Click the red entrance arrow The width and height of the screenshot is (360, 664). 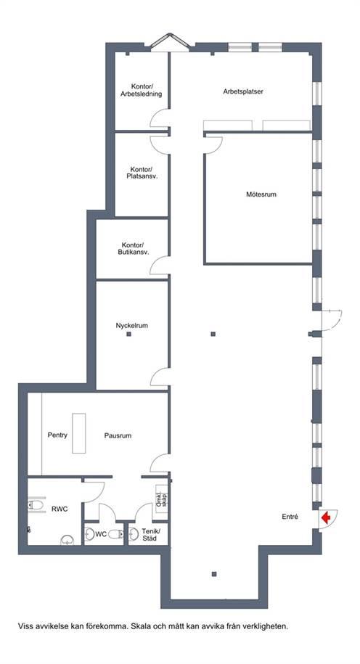pyautogui.click(x=326, y=518)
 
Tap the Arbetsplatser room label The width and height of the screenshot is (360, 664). pyautogui.click(x=244, y=91)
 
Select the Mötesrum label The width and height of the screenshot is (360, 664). pyautogui.click(x=261, y=194)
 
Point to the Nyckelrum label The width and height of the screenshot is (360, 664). pyautogui.click(x=131, y=326)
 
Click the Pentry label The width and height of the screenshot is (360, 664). pyautogui.click(x=57, y=435)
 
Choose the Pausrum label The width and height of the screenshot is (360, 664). pyautogui.click(x=118, y=435)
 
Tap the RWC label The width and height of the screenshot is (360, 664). pyautogui.click(x=60, y=509)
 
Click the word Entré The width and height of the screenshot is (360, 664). pyautogui.click(x=290, y=517)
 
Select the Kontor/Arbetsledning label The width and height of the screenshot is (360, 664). pyautogui.click(x=141, y=91)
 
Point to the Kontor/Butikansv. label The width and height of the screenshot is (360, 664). pyautogui.click(x=132, y=249)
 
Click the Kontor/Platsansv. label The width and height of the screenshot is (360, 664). pyautogui.click(x=142, y=173)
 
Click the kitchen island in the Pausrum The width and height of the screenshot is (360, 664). pyautogui.click(x=79, y=433)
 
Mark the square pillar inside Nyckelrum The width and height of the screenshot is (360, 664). pyautogui.click(x=128, y=334)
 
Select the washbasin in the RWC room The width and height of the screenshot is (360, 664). pyautogui.click(x=67, y=539)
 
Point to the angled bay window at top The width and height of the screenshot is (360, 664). pyautogui.click(x=169, y=42)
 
